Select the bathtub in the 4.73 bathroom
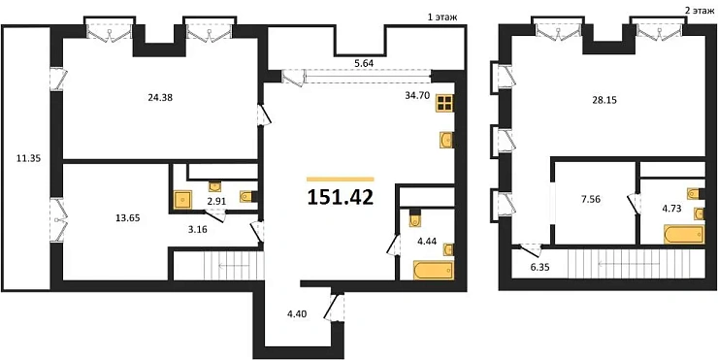point(680,233)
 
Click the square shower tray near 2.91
point(184,201)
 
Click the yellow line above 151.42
point(340,178)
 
